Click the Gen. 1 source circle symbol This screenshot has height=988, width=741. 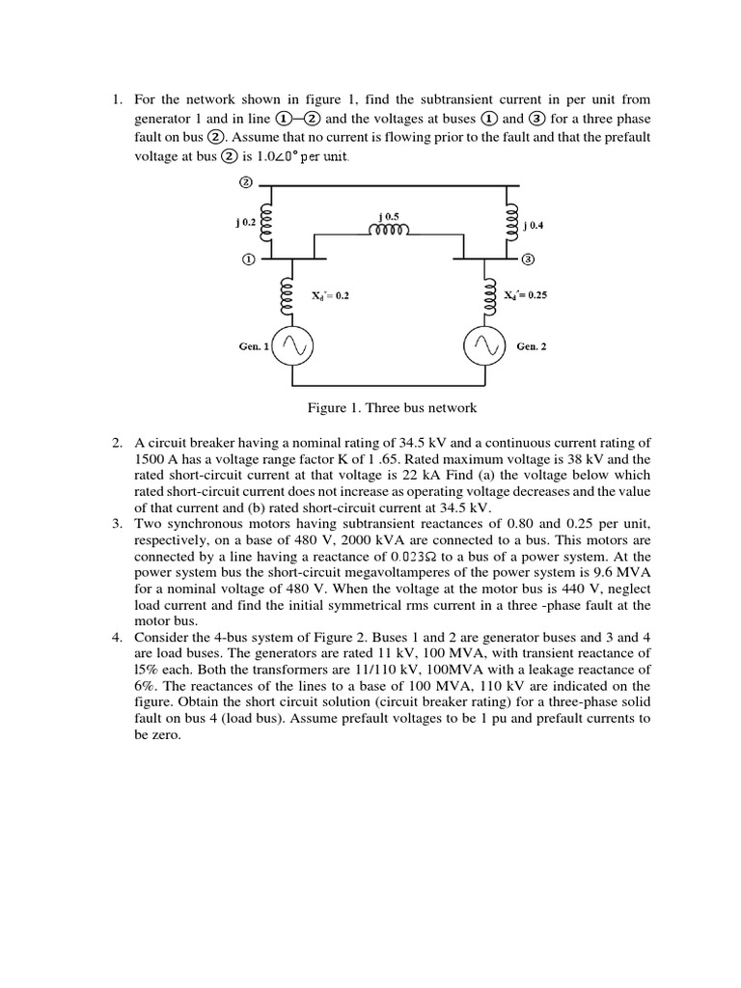[x=289, y=346]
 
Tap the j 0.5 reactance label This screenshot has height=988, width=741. [x=389, y=215]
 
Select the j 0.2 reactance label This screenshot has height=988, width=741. [x=245, y=222]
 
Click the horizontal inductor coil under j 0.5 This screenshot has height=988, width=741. [x=389, y=231]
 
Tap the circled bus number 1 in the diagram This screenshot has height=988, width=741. [x=247, y=260]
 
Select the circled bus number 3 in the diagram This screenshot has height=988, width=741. [x=528, y=260]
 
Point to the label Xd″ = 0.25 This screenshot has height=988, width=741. [x=526, y=296]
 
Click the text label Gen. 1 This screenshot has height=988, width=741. [x=254, y=346]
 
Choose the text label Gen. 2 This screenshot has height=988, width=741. [x=532, y=346]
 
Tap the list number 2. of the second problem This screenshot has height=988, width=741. [x=116, y=442]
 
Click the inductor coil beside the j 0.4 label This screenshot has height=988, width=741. [x=505, y=223]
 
